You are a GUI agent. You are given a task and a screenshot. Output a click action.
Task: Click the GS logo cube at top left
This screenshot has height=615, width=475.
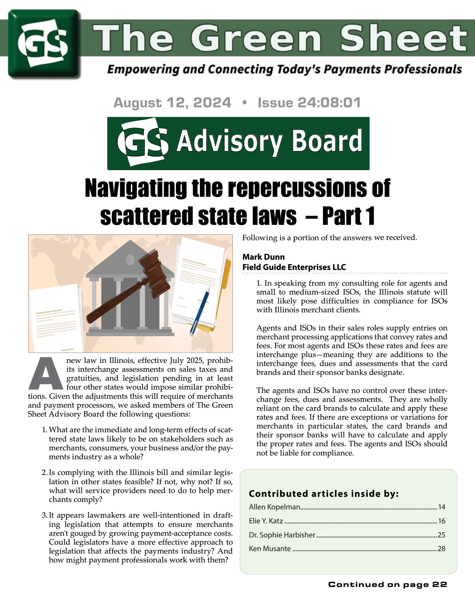click(x=44, y=44)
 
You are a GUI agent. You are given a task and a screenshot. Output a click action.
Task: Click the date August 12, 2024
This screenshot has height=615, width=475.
click(x=172, y=102)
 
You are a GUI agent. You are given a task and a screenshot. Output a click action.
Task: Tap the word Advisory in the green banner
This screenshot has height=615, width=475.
click(x=229, y=141)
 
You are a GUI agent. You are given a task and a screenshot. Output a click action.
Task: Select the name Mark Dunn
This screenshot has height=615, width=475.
click(x=263, y=257)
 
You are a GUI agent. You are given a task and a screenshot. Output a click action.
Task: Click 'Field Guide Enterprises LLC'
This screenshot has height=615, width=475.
click(x=294, y=267)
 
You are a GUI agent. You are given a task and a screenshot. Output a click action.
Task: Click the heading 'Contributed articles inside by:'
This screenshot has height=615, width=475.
click(x=324, y=494)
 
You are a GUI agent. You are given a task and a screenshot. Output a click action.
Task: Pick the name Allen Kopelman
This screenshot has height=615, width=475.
click(x=275, y=507)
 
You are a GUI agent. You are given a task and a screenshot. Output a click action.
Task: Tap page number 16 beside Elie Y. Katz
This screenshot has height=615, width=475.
click(x=442, y=521)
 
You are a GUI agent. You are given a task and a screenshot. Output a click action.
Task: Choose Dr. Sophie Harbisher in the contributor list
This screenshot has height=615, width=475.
click(x=282, y=535)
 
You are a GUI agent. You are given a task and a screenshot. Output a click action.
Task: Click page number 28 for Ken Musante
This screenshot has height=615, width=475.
click(x=442, y=549)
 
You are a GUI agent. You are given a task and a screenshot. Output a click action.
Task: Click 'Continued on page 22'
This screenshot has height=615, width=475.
click(x=388, y=585)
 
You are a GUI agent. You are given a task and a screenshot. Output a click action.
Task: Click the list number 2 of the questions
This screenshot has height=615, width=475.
click(x=44, y=473)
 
